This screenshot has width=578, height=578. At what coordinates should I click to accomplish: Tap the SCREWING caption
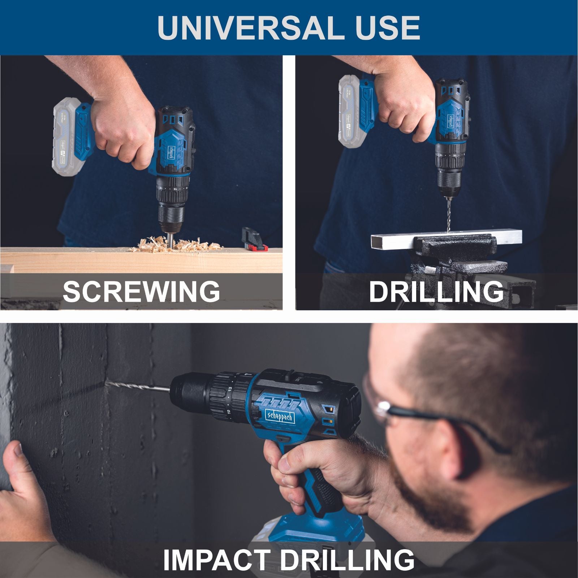click(x=141, y=292)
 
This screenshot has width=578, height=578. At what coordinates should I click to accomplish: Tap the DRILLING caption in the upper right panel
click(x=436, y=292)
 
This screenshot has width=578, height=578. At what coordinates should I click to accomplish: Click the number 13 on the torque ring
click(x=229, y=389)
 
